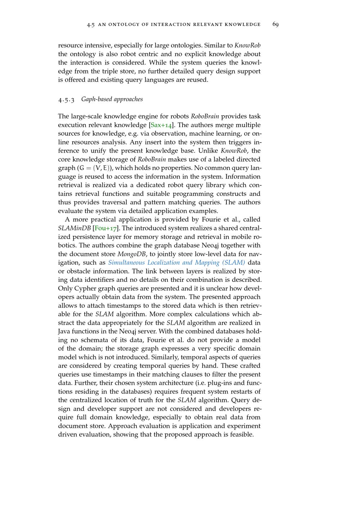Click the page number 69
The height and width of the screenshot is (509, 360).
pos(275,24)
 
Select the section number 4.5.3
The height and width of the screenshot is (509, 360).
pos(66,99)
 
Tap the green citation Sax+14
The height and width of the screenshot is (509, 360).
pos(161,125)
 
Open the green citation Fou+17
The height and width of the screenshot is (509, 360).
pos(105,228)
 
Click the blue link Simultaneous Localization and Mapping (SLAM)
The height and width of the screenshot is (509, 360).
pos(176,262)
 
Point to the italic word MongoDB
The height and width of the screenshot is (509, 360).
pos(132,254)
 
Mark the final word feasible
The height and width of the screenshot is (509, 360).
pos(242,434)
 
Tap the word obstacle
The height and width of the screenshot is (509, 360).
pos(78,271)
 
